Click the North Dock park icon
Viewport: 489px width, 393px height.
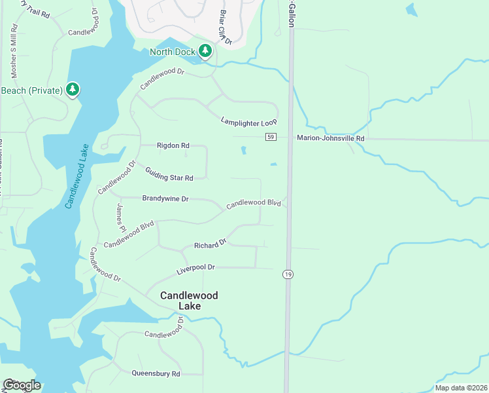click(205, 50)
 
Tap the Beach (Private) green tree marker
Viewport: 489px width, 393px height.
click(72, 89)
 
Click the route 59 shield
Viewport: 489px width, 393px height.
click(271, 137)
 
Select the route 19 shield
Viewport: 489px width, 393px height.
click(288, 274)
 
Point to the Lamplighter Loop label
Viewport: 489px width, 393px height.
click(249, 122)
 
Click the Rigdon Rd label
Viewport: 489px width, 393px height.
click(173, 145)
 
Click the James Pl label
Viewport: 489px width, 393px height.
click(121, 217)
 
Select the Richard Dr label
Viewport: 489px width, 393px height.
click(210, 244)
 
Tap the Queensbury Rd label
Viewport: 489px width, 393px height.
click(156, 373)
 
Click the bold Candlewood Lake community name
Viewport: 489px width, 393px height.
click(189, 301)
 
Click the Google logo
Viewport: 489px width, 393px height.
click(22, 385)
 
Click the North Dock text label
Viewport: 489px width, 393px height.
click(173, 52)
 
